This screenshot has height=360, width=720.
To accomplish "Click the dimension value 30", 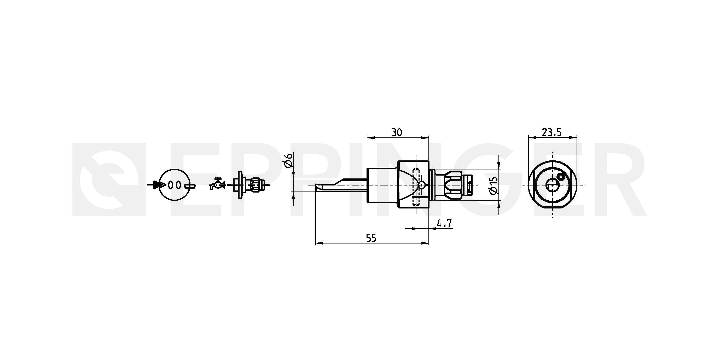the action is point(397,132).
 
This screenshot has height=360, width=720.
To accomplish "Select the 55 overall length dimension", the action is point(371,238).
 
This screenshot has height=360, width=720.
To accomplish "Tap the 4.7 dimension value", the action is point(444,224).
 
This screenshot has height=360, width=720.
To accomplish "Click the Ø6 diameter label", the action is point(288,160).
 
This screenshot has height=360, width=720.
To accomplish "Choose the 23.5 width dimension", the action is point(551,132).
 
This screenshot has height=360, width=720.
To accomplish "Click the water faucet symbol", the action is point(217,184).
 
